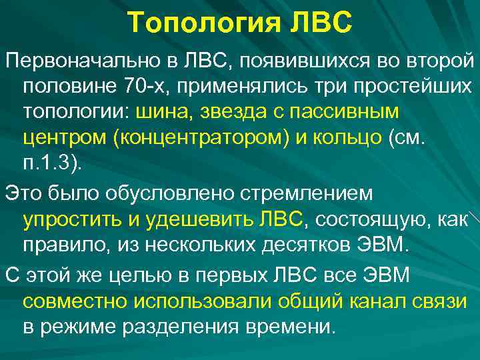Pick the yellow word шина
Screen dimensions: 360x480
pos(163,111)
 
